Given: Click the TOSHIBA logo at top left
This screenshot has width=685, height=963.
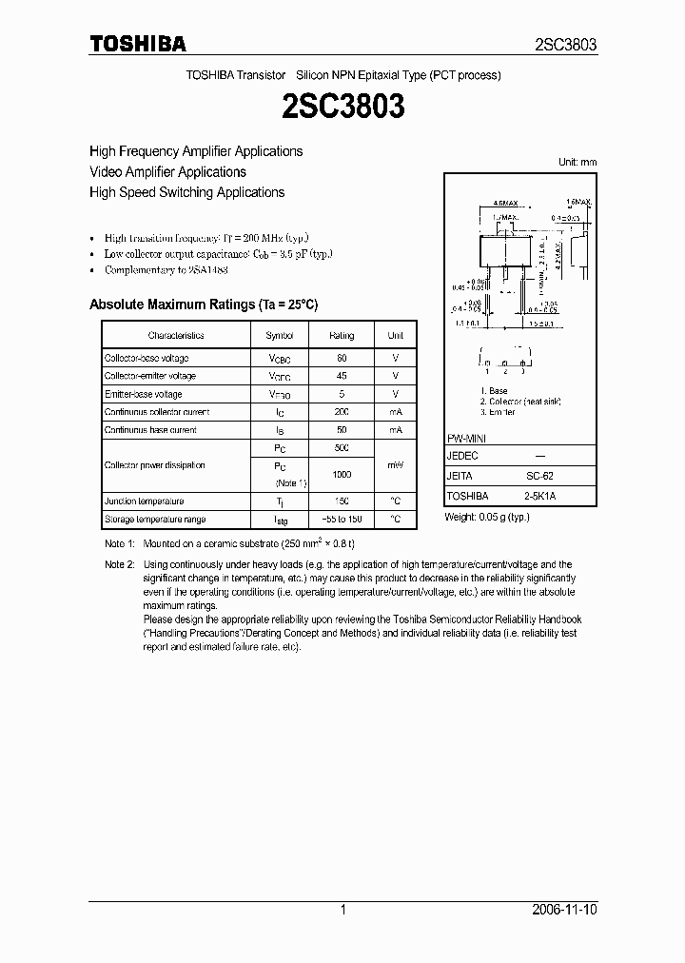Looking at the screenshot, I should point(137,44).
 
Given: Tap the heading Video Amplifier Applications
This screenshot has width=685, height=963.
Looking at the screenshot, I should point(167,172).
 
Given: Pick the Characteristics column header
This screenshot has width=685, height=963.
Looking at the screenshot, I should point(176,336).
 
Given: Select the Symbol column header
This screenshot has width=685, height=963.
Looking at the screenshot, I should point(280,336).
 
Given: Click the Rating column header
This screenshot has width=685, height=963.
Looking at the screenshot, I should point(342,336).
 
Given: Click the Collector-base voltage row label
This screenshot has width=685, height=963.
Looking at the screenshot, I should point(147,359).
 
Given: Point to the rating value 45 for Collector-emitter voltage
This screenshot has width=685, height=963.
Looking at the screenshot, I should point(342,376).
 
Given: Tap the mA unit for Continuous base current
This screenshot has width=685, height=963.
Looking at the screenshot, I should point(395,430).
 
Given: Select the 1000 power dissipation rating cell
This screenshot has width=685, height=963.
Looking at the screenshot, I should point(342,475).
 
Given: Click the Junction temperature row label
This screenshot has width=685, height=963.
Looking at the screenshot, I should point(145,501).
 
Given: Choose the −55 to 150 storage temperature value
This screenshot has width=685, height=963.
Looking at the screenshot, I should point(342,520).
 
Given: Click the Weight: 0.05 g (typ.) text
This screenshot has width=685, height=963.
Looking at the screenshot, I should point(487,517).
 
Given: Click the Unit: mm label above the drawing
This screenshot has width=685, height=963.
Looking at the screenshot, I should point(577,163).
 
